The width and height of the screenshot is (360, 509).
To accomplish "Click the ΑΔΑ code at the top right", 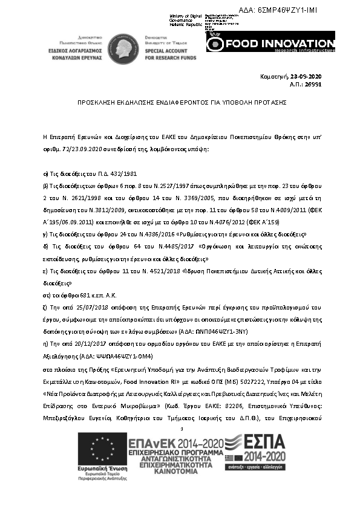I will pos(309,11).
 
